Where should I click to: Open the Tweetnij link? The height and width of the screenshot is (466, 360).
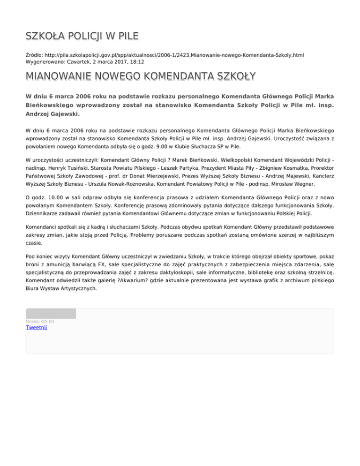pos(36,327)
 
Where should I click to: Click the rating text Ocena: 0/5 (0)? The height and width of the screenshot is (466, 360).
pos(40,321)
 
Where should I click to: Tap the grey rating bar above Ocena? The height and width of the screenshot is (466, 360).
pos(51,314)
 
